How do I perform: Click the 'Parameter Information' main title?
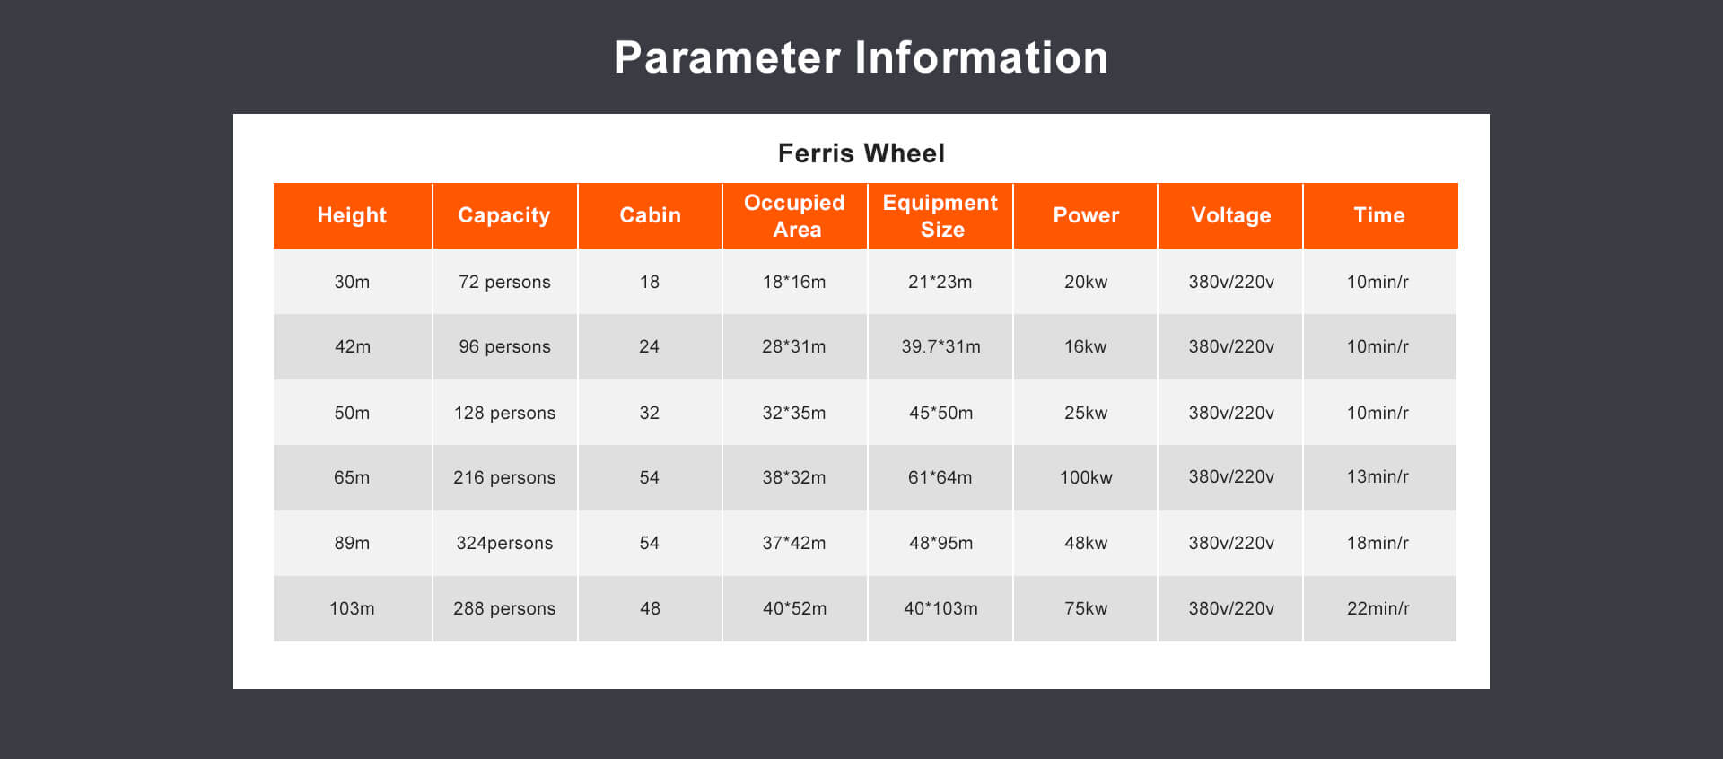coord(861,57)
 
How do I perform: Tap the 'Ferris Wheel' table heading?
coord(861,153)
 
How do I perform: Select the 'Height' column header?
coord(352,215)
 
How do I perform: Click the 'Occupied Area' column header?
coord(795,215)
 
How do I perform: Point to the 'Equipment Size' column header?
coord(940,215)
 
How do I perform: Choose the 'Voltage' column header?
coord(1231,215)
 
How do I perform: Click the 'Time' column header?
coord(1379,215)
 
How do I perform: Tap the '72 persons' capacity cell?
coord(504,282)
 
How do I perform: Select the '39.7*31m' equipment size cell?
coord(940,346)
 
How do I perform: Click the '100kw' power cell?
coord(1086,477)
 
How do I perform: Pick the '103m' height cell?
coord(352,608)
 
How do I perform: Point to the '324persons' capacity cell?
coord(504,543)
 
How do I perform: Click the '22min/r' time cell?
coord(1378,608)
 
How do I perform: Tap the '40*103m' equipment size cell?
coord(940,608)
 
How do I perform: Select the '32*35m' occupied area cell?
coord(794,413)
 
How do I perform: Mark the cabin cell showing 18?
coord(650,282)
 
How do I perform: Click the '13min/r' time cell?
coord(1378,477)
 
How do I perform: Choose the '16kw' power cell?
coord(1086,346)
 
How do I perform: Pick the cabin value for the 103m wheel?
coord(650,608)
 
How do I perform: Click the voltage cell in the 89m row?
coord(1231,543)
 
